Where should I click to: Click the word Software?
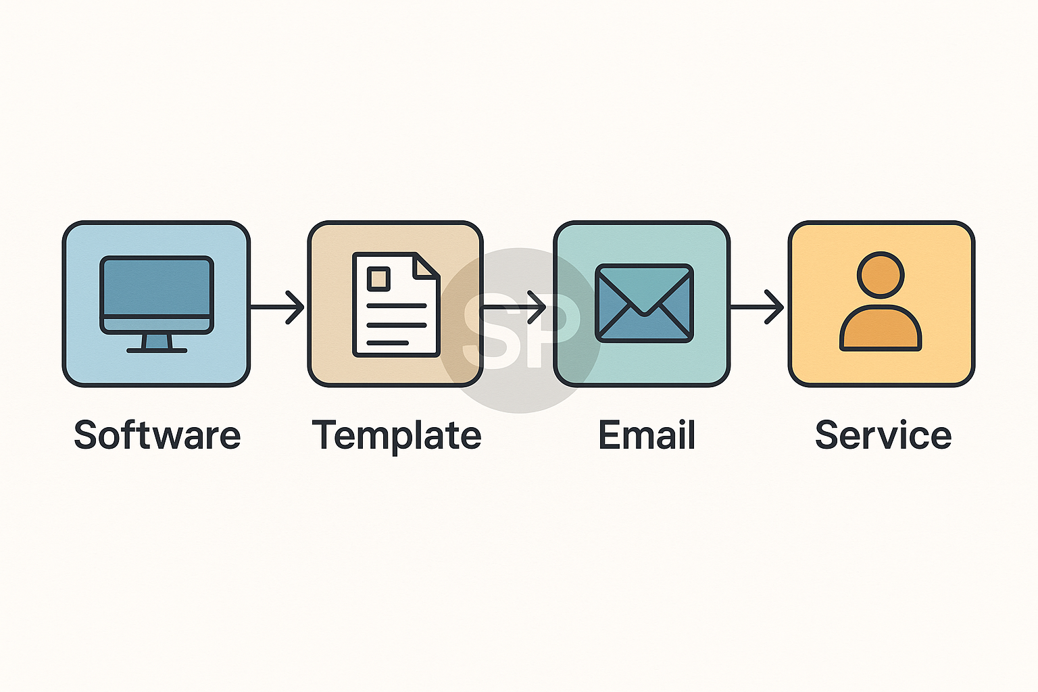(157, 435)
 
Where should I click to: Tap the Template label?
(397, 436)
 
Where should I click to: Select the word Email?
(647, 435)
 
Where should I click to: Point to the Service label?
(883, 435)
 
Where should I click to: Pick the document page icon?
(396, 304)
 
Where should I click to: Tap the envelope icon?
(644, 303)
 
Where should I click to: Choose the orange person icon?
(881, 302)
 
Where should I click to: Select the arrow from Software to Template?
(278, 307)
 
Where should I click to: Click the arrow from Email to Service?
(758, 307)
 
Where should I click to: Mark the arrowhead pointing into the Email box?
(537, 307)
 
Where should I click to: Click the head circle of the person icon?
(881, 275)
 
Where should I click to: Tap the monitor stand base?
(157, 350)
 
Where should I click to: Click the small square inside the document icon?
(378, 278)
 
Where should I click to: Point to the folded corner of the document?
(426, 266)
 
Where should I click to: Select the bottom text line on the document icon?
(388, 343)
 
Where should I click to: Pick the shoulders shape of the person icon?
(881, 329)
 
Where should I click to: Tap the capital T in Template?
(324, 435)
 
